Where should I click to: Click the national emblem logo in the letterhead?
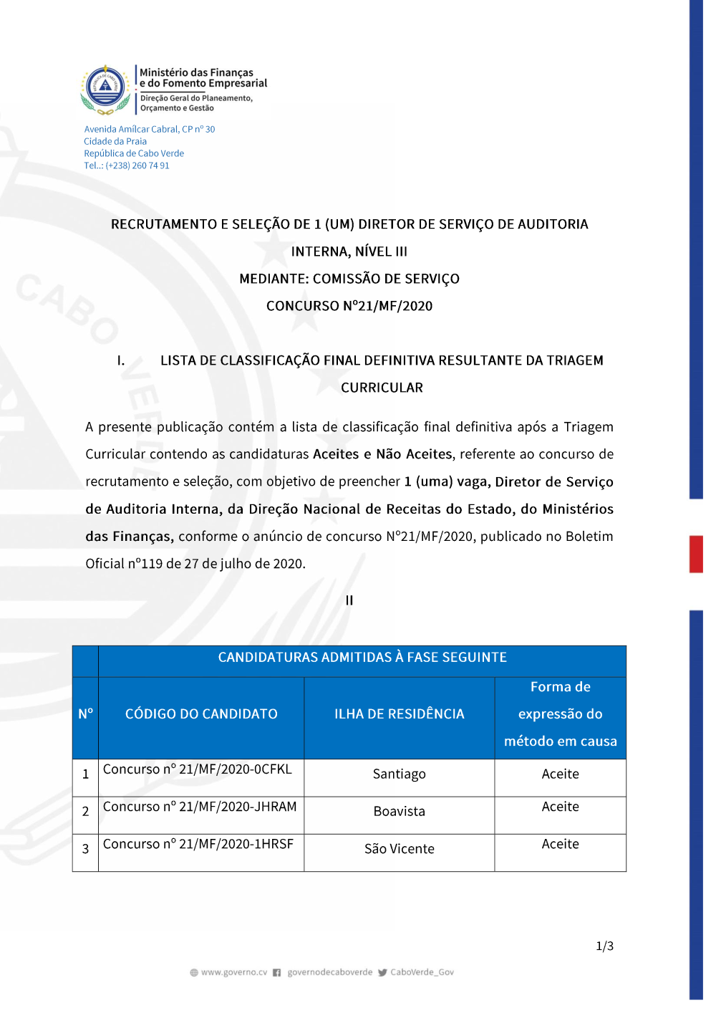click(105, 90)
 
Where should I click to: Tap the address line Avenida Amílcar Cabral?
click(149, 129)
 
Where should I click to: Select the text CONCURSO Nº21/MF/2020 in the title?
click(349, 306)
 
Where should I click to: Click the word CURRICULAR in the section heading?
click(382, 388)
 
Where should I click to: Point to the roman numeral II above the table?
click(349, 600)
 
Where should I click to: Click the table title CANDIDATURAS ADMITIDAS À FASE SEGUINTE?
click(362, 657)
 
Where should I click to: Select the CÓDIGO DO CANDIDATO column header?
click(201, 714)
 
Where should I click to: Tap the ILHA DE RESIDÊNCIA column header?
click(399, 714)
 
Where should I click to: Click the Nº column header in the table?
click(85, 714)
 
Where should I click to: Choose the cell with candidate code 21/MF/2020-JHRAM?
click(200, 807)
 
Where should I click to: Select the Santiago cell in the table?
click(399, 774)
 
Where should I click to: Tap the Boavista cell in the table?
click(399, 811)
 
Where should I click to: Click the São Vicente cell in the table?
click(399, 849)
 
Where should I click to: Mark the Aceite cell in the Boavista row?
click(560, 807)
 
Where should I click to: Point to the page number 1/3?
click(604, 946)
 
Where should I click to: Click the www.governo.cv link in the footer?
click(233, 972)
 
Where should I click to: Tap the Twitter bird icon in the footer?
click(382, 972)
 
